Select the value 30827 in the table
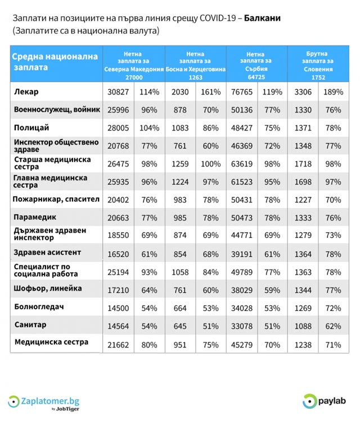(117, 92)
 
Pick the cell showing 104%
(149, 128)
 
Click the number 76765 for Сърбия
(241, 92)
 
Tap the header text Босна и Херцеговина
(195, 69)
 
